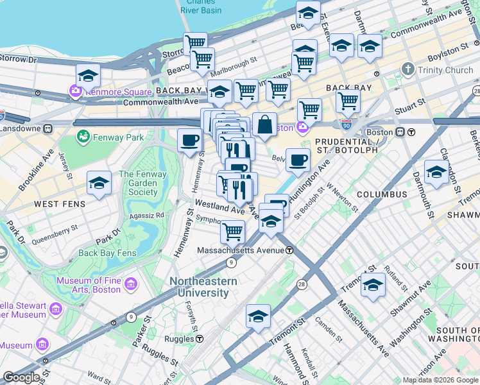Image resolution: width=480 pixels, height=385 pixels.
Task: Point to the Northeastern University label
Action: (x=203, y=287)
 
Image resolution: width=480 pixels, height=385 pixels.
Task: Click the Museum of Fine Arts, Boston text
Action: (x=88, y=285)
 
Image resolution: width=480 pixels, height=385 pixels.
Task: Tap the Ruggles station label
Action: (x=182, y=339)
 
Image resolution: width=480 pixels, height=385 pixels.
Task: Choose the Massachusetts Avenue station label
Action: (x=241, y=250)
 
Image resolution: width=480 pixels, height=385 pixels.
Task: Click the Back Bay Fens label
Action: (x=107, y=253)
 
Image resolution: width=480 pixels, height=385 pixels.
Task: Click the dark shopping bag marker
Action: (x=264, y=124)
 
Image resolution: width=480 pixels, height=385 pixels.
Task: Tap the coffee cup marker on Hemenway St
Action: (x=189, y=140)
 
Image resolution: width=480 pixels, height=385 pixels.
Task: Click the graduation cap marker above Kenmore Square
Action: (x=88, y=76)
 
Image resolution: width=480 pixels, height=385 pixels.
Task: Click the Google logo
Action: (x=21, y=377)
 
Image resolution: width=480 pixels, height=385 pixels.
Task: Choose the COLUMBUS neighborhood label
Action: (x=382, y=194)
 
